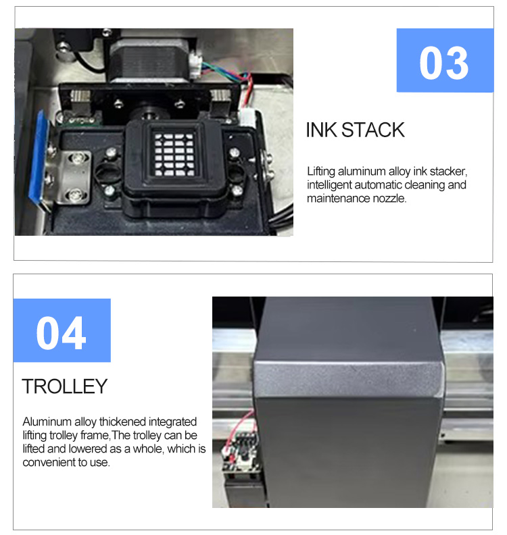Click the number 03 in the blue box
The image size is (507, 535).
[x=443, y=61]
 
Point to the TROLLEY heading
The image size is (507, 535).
[x=65, y=386]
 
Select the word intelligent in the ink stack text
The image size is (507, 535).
[x=329, y=185]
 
